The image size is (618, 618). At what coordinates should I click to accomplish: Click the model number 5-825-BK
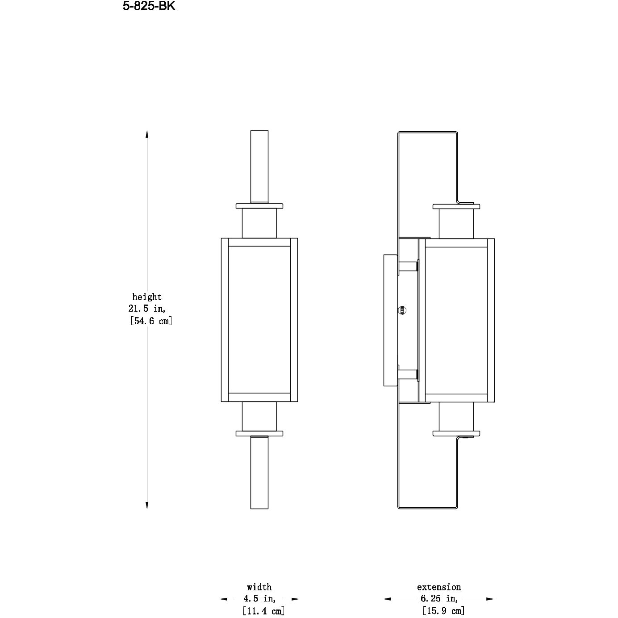click(149, 7)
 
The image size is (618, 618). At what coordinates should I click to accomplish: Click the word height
click(147, 297)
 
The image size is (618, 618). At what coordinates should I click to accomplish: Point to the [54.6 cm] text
click(150, 321)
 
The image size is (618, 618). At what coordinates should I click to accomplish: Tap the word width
click(259, 587)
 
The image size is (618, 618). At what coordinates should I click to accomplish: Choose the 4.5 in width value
click(259, 599)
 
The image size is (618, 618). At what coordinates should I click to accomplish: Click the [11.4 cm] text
click(263, 611)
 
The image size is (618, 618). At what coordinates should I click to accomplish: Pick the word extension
click(439, 587)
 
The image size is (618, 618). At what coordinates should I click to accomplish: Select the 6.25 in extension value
click(439, 599)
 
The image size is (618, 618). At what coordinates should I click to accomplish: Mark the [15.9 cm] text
click(443, 611)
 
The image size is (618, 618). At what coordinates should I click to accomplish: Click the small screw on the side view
click(401, 309)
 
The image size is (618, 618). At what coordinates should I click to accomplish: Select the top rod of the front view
click(259, 166)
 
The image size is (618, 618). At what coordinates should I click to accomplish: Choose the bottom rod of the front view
click(259, 472)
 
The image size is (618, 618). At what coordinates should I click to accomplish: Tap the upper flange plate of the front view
click(259, 206)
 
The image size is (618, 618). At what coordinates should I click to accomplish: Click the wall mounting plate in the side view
click(390, 320)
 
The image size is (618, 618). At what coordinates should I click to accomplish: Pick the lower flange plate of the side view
click(456, 433)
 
